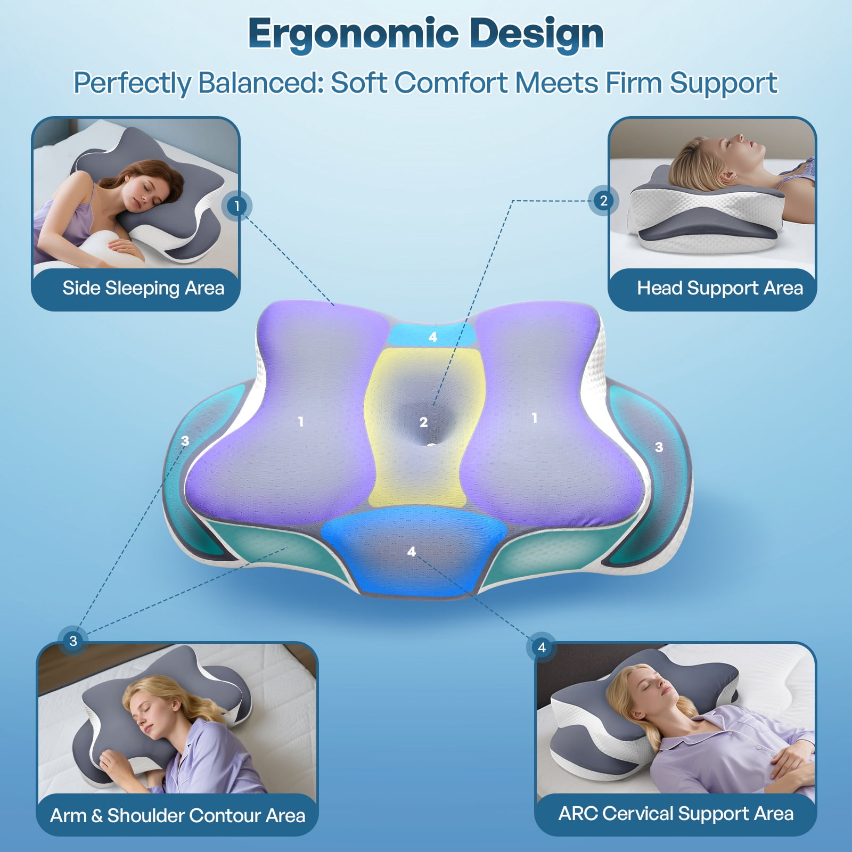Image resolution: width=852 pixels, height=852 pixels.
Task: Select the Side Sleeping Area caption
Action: tap(143, 288)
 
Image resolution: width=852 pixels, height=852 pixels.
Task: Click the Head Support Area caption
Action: tap(720, 288)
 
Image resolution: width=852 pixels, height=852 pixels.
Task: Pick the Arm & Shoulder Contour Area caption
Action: tap(178, 815)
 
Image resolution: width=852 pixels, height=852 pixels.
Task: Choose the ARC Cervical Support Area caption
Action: tap(676, 813)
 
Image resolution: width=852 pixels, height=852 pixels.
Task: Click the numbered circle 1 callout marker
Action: tap(236, 206)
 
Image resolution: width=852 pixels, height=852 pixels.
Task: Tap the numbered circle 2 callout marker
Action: tap(603, 201)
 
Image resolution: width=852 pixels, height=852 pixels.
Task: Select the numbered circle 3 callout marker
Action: tap(73, 641)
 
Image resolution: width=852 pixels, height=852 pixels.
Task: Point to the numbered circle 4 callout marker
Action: tap(542, 647)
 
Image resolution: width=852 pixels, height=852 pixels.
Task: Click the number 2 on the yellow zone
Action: tap(423, 422)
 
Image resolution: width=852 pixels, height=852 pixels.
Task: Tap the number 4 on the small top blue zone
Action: tap(432, 337)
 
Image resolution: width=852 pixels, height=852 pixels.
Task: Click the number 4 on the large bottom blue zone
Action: tap(411, 552)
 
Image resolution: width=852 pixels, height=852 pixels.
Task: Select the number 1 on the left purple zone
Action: tap(301, 422)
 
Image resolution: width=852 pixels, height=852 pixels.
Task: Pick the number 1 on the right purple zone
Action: tap(535, 419)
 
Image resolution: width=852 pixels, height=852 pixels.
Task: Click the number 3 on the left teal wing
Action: tap(185, 441)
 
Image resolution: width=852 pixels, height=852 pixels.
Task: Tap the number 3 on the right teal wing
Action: tap(659, 447)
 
